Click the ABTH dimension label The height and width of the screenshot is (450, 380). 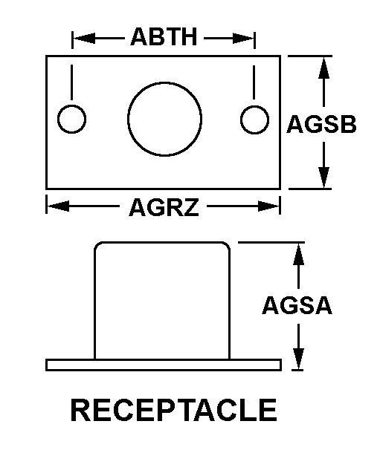coord(164,36)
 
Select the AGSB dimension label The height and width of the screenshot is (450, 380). coord(321,125)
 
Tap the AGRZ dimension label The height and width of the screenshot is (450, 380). coord(164,207)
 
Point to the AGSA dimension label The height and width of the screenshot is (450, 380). coord(297,305)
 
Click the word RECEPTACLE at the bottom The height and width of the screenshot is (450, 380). coord(173,410)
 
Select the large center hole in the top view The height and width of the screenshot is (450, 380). coord(164,120)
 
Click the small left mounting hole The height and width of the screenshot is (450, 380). coord(72,120)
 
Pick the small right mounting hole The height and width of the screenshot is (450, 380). coord(255,120)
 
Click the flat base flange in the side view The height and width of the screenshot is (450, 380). coord(163,364)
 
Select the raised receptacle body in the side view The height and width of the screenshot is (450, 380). coord(162,301)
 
